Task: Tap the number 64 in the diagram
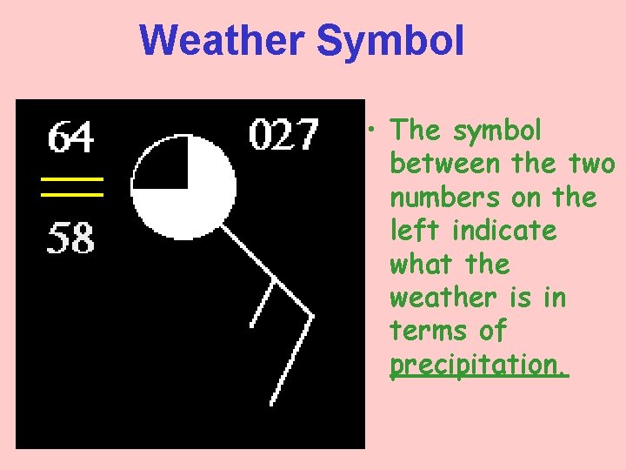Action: pyautogui.click(x=70, y=138)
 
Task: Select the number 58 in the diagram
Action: pyautogui.click(x=70, y=237)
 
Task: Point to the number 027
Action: pyautogui.click(x=284, y=135)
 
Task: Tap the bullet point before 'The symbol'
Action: pyautogui.click(x=371, y=131)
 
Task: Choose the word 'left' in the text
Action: pyautogui.click(x=415, y=231)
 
